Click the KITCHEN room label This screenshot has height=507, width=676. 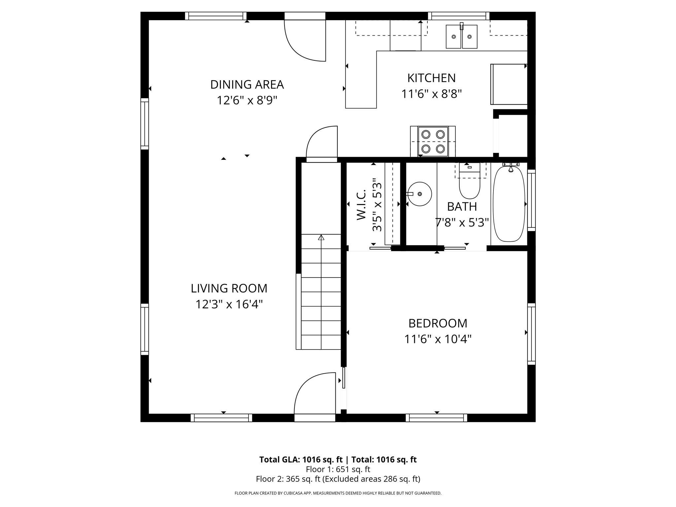(431, 78)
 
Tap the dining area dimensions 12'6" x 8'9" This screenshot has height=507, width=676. (247, 100)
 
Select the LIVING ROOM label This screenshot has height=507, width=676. (229, 288)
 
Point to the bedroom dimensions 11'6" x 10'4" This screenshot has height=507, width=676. (438, 339)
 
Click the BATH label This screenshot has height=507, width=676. (462, 207)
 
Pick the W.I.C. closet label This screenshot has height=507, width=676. (361, 205)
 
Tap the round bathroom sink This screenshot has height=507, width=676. (420, 194)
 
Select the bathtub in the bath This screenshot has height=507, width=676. (509, 204)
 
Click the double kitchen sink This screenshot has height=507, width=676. (461, 37)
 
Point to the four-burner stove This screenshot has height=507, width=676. (433, 142)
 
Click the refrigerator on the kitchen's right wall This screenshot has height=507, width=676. (508, 84)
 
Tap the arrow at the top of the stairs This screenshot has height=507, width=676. (321, 237)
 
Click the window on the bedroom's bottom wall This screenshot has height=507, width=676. (436, 418)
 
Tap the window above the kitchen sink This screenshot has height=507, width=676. (458, 16)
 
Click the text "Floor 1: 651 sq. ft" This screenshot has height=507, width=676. (338, 469)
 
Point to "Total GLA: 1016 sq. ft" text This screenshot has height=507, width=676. (301, 459)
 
